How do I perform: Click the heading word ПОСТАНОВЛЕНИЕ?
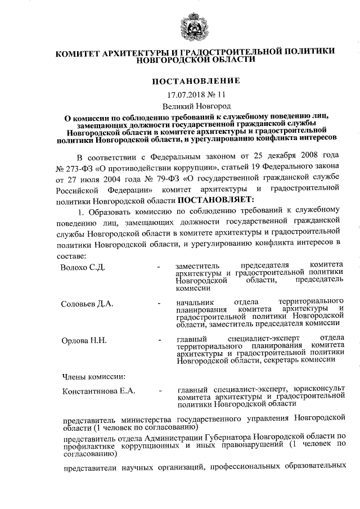pyautogui.click(x=196, y=81)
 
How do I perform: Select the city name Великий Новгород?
pyautogui.click(x=196, y=106)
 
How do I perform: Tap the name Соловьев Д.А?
pyautogui.click(x=87, y=304)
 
